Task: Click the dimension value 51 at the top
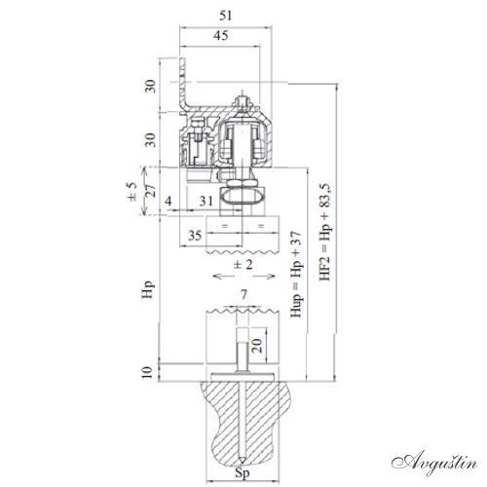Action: pos(225,16)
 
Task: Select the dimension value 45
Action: pos(221,35)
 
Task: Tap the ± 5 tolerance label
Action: pos(132,192)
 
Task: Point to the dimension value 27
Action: pos(151,192)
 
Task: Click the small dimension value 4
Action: pos(168,202)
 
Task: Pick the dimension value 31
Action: pos(206,202)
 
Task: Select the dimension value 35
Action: pos(195,236)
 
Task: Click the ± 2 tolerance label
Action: pos(243,265)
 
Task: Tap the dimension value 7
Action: pos(243,295)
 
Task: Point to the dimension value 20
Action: pos(257,346)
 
